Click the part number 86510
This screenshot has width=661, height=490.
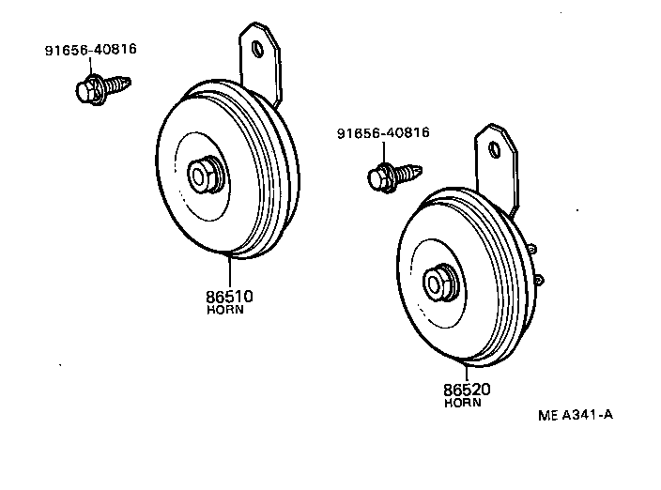point(230,297)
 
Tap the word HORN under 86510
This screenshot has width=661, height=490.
point(225,311)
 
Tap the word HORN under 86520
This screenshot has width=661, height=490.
point(462,403)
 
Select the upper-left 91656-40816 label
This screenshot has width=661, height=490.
point(90,50)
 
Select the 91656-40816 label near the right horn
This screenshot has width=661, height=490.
point(383,133)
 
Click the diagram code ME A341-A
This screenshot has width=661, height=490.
point(576,413)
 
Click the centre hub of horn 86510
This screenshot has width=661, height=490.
point(202,175)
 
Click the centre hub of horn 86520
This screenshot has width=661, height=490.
point(438,282)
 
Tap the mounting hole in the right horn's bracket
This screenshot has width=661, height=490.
point(495,146)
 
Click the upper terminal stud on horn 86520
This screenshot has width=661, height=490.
point(532,249)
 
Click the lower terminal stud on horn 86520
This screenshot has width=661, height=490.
point(539,280)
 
